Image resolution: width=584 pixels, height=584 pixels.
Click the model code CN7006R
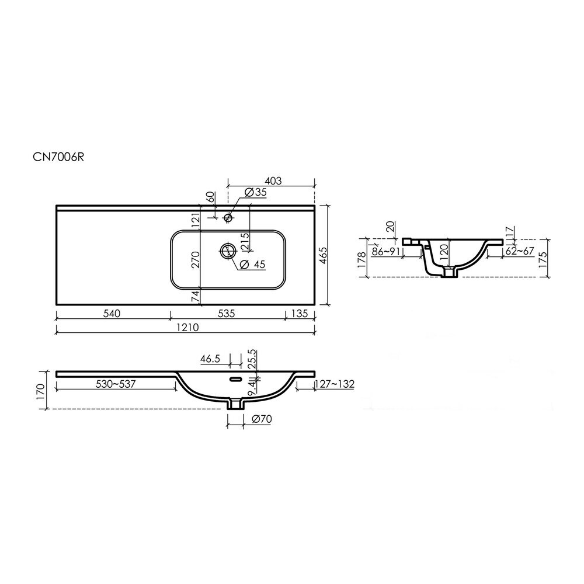tap(58, 157)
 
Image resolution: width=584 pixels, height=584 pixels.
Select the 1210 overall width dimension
tap(187, 328)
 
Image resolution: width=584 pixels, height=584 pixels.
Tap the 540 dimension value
tap(112, 314)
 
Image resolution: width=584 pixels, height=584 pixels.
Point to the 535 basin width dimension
tap(226, 314)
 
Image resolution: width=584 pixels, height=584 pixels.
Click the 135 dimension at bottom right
tap(299, 314)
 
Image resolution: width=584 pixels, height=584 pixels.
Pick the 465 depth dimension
tap(323, 256)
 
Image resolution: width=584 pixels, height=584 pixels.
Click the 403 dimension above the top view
tap(273, 180)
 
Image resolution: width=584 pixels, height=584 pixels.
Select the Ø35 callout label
tap(256, 193)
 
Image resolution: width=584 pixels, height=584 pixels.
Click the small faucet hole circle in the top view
tap(228, 217)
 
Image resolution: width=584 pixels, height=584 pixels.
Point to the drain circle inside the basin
tap(227, 251)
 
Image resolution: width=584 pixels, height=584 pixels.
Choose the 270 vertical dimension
tap(196, 260)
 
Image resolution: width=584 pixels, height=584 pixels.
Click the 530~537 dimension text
tap(115, 384)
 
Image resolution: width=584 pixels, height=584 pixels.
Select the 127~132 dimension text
tap(335, 384)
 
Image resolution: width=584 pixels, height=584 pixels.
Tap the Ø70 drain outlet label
tap(262, 419)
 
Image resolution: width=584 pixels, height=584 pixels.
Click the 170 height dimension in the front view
tap(41, 391)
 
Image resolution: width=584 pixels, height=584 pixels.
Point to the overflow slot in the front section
tap(235, 380)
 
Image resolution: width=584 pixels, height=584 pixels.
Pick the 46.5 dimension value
tap(210, 359)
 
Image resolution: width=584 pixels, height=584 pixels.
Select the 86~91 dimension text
tap(386, 251)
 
